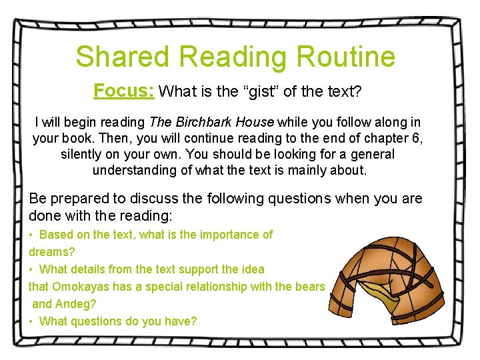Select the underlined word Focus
point(124,91)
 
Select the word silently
point(84,155)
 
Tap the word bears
point(309,287)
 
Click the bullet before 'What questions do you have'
point(31,321)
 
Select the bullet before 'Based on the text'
point(31,235)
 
